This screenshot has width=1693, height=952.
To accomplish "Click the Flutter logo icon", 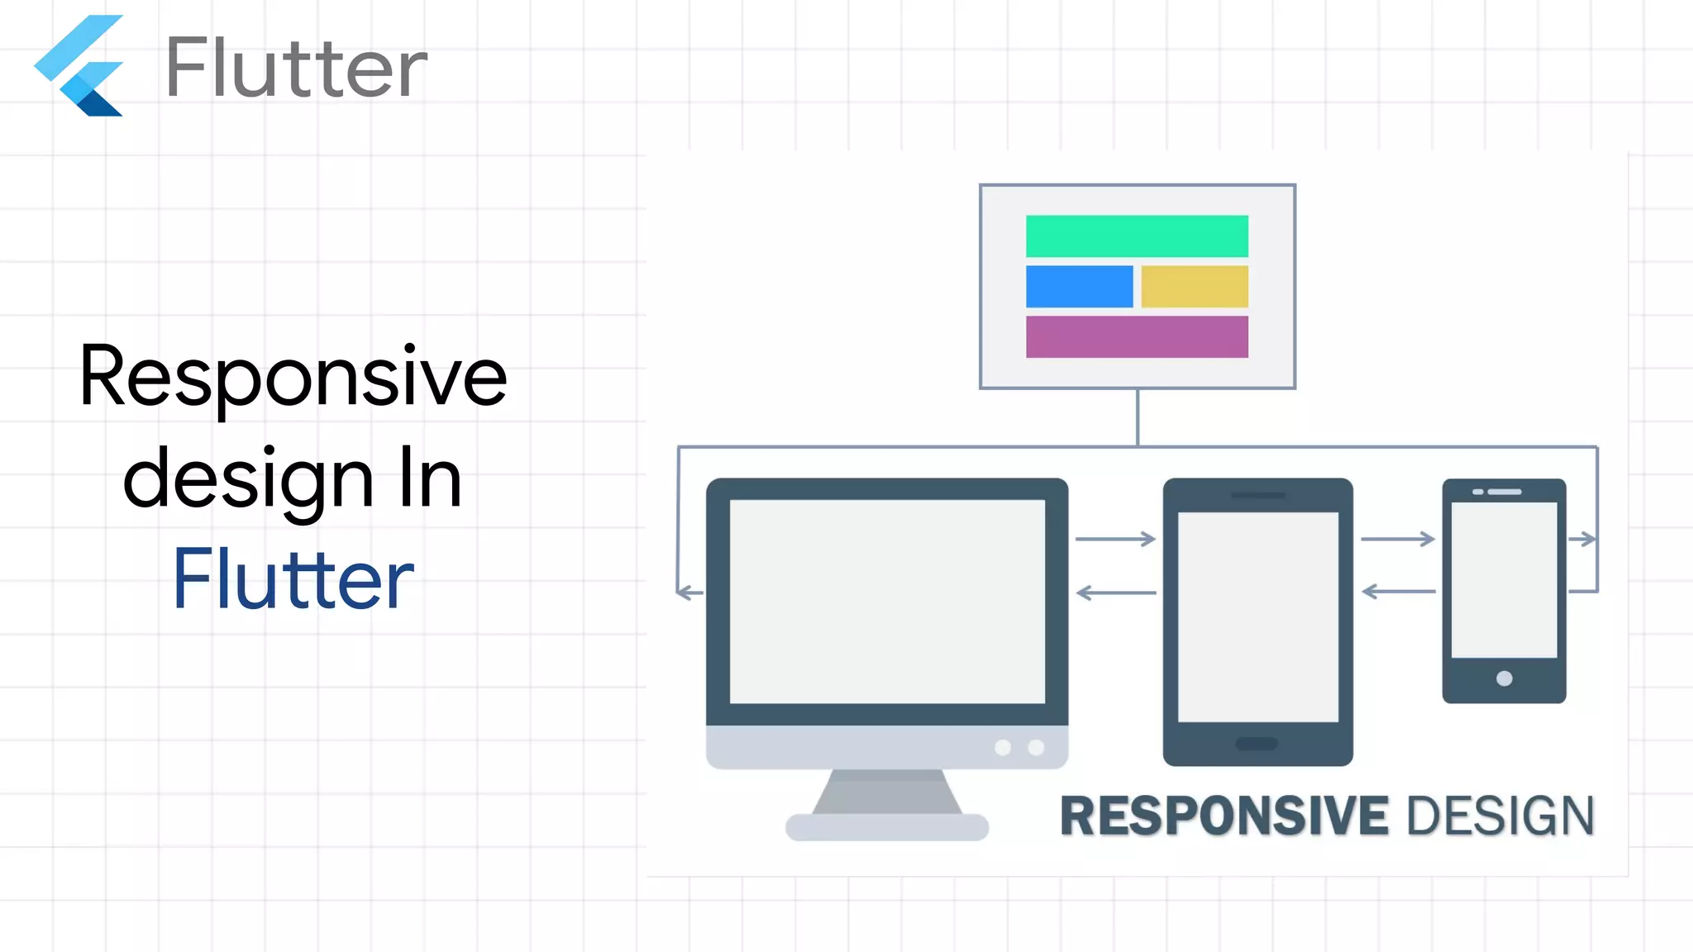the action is tap(79, 66).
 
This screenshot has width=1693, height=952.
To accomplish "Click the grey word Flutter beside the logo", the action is tap(296, 68).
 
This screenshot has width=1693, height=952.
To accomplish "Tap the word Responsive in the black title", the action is tap(293, 377).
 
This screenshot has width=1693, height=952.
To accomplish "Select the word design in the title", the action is tap(248, 479).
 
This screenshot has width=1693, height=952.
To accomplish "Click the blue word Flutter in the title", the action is tap(293, 580).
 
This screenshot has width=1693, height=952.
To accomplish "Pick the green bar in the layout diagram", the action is tap(1137, 236).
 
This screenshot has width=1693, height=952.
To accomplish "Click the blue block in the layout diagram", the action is tap(1079, 287).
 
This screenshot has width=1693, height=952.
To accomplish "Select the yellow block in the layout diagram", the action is tap(1195, 287).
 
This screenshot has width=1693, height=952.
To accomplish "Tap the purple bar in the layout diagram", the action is tap(1137, 336).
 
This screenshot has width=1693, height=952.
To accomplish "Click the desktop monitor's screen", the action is tap(887, 602).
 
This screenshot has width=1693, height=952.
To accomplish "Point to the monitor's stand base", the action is tap(887, 827).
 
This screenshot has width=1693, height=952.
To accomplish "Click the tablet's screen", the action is tap(1257, 616).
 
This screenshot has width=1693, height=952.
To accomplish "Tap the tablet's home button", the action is tap(1257, 744).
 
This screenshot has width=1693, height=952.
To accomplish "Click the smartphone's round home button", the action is tap(1505, 678).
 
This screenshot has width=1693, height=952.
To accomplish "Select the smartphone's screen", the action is tap(1504, 579).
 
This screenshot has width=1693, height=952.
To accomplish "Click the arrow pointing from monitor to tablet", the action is tap(1115, 540).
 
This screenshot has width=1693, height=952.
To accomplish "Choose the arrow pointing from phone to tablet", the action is tap(1399, 592).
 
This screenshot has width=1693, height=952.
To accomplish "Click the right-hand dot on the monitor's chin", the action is tap(1036, 748).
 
